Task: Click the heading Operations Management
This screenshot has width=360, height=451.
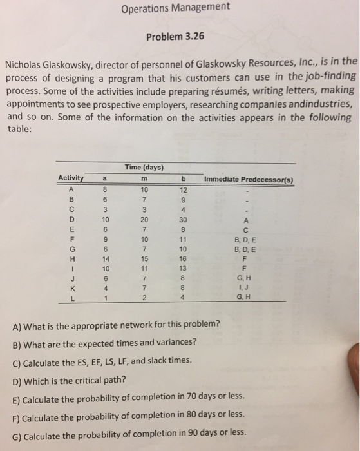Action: (x=174, y=8)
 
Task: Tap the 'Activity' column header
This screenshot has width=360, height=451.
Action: (x=71, y=178)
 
